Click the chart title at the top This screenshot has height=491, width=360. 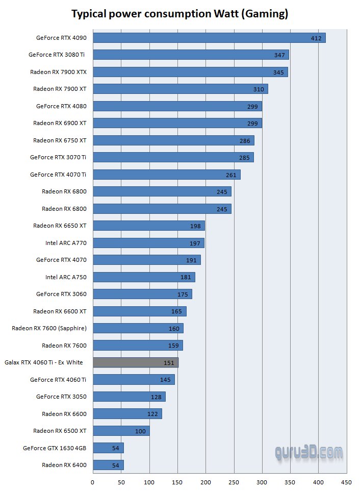(179, 14)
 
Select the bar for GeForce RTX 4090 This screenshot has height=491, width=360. (209, 38)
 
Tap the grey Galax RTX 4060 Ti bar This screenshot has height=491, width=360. (136, 363)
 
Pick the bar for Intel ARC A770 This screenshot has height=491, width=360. (148, 243)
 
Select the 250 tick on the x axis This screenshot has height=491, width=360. (234, 481)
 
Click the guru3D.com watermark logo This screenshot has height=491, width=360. (308, 452)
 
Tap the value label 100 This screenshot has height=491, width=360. (140, 431)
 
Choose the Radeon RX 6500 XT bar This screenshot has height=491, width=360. (121, 431)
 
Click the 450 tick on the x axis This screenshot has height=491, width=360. (347, 481)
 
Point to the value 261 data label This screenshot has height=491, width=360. (231, 175)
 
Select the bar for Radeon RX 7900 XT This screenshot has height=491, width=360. (181, 89)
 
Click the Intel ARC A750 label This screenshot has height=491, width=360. (66, 277)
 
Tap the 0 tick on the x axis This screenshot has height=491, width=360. (93, 481)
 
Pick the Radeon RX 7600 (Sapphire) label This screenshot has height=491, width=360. (49, 328)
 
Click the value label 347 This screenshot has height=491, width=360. (279, 55)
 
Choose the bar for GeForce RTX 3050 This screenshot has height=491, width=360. (129, 397)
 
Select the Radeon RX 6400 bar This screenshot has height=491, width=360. (108, 465)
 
